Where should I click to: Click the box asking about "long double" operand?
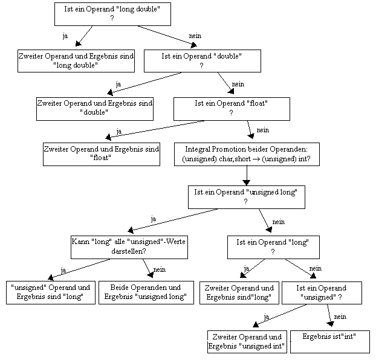coord(112,14)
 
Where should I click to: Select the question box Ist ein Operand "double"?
coord(203,61)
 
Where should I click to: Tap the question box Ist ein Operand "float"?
coord(232,109)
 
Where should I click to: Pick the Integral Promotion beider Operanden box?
coord(247,154)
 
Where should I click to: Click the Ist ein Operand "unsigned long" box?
coord(247,197)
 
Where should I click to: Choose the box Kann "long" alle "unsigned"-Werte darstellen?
coord(129,248)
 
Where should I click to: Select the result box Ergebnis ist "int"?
coord(330,342)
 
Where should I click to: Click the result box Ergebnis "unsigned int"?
coord(247,342)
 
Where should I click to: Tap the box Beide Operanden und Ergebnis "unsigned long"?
coord(146,292)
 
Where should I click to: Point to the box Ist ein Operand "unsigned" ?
coord(322,293)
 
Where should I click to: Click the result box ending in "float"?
coord(102,154)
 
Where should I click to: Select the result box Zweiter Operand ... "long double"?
coord(76,61)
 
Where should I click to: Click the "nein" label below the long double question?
coord(195,36)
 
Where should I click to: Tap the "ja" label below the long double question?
coord(65,36)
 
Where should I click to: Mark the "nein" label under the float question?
coord(263,130)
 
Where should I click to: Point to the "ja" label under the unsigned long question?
coord(154,219)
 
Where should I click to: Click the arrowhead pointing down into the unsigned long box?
coord(247,182)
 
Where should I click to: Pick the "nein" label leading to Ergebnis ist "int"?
coord(340,317)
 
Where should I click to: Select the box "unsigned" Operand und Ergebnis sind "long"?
coord(51,292)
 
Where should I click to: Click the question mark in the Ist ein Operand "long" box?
coord(273,252)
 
